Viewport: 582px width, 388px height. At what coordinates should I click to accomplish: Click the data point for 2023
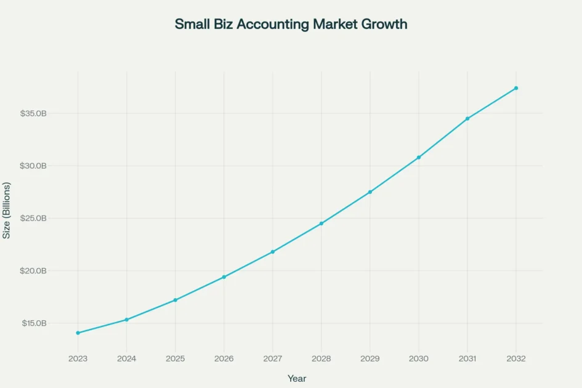78,333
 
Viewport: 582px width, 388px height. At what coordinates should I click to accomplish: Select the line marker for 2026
224,277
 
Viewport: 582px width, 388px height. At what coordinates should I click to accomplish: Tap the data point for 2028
321,224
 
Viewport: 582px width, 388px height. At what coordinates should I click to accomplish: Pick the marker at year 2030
419,158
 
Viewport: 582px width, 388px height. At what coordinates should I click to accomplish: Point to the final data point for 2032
516,88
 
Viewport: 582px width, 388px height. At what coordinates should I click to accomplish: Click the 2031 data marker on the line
467,118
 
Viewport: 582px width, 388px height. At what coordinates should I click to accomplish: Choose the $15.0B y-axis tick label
33,323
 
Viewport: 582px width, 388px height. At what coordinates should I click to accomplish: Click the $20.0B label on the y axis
33,271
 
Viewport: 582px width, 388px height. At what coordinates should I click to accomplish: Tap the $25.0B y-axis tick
33,219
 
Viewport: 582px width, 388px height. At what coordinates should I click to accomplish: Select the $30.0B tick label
33,166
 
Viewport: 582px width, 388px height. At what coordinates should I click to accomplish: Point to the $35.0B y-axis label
33,114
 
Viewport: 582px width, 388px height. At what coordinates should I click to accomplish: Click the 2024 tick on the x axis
126,358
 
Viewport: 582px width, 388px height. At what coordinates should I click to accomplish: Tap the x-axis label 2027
273,358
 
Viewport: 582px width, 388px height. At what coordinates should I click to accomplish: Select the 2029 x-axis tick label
370,358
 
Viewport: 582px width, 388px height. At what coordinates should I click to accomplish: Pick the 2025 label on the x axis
175,358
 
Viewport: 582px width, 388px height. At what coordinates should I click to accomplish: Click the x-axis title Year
297,378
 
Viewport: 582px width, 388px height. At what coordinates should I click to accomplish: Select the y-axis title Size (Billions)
7,211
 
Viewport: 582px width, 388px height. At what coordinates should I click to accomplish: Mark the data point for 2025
176,300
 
